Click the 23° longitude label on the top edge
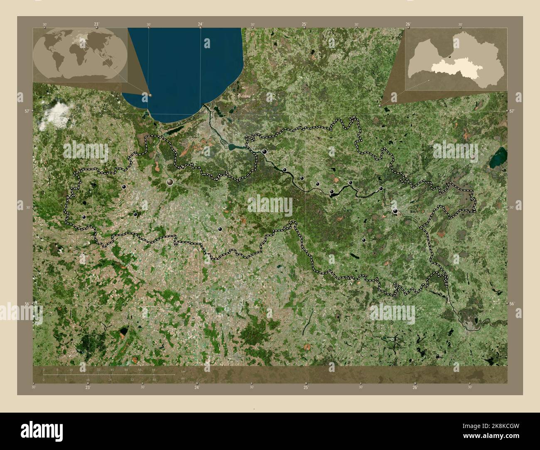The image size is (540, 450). coord(96,24)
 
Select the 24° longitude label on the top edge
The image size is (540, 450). coord(200,24)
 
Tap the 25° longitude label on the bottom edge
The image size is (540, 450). coord(306,387)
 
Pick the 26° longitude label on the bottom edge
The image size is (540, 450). coord(415,387)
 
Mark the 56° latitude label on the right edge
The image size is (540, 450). coord(512,304)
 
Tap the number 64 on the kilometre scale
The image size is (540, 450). coord(153,369)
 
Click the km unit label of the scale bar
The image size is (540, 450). coord(183,372)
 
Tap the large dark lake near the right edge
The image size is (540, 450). coord(498,157)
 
